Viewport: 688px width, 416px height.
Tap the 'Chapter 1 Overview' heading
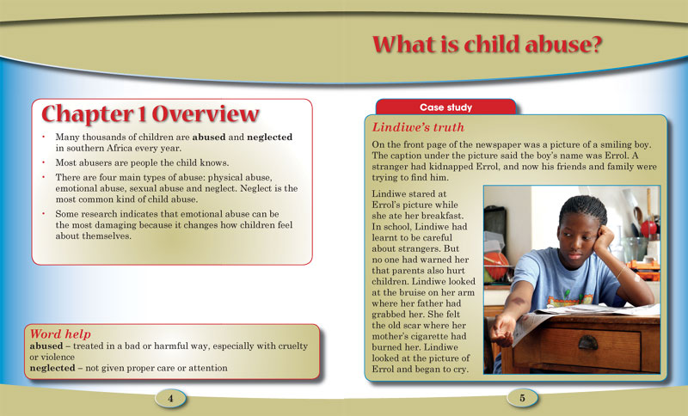[150, 114]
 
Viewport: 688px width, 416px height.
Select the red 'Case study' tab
[445, 107]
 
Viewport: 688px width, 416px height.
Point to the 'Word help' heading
[60, 333]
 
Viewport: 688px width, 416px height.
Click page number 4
[171, 397]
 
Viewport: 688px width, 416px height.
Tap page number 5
[522, 397]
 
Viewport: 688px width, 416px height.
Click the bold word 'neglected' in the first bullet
[266, 137]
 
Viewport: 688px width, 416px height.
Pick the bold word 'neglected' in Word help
[59, 368]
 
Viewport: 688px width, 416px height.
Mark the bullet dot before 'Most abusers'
[43, 161]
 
